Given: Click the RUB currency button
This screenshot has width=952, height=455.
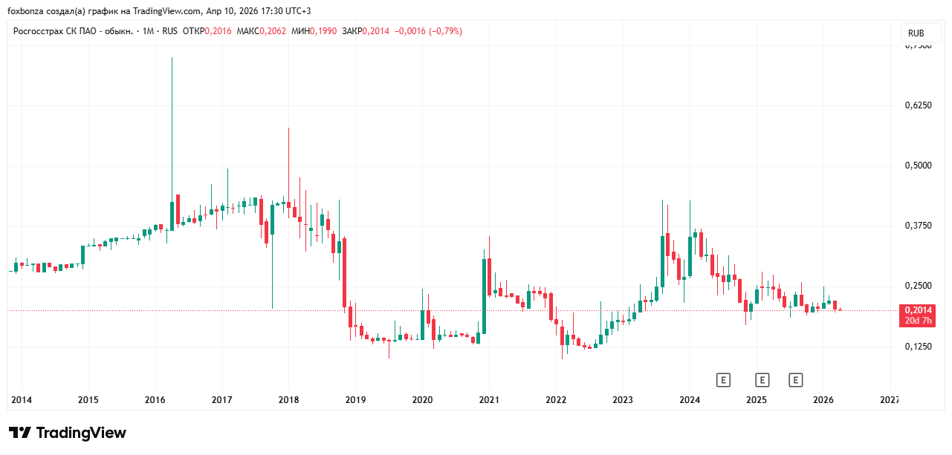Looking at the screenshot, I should click(x=916, y=33).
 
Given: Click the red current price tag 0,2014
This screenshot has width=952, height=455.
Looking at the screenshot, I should click(x=918, y=310).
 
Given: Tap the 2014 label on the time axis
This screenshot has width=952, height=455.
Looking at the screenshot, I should click(x=21, y=400).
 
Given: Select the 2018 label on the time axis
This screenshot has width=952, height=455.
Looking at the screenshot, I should click(x=288, y=400).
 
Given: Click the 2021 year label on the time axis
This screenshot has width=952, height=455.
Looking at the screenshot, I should click(x=489, y=400).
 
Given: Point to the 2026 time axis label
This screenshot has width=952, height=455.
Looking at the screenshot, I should click(x=823, y=400).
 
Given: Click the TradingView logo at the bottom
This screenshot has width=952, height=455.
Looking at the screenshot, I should click(x=68, y=433).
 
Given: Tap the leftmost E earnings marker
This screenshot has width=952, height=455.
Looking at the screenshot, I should click(x=723, y=380).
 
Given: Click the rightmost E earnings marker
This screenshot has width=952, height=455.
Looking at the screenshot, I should click(x=796, y=380).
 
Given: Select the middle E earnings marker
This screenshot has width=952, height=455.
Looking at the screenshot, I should click(x=762, y=380).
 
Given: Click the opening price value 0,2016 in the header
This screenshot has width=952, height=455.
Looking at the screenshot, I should click(x=218, y=31).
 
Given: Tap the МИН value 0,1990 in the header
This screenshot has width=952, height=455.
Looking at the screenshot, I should click(x=324, y=31).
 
